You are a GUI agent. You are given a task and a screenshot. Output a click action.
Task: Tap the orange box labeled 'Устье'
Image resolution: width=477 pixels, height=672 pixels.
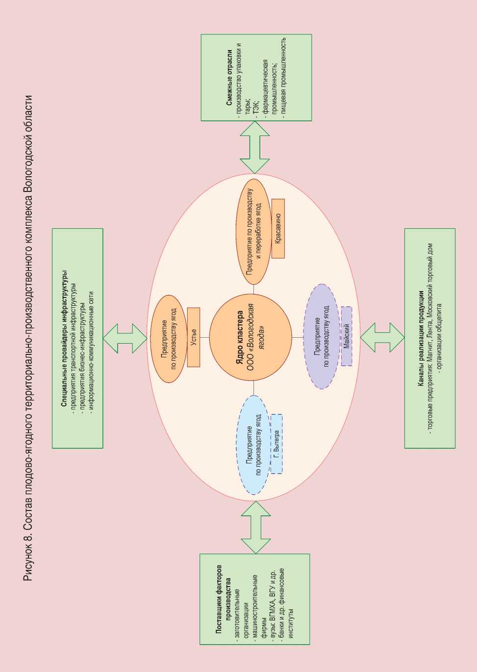[194, 337]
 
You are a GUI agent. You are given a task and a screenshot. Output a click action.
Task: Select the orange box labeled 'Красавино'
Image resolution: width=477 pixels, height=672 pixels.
[278, 228]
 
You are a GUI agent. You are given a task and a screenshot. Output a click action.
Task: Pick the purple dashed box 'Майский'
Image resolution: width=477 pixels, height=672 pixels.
[347, 336]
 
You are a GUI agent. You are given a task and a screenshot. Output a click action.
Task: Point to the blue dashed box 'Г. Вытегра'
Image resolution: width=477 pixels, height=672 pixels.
[276, 444]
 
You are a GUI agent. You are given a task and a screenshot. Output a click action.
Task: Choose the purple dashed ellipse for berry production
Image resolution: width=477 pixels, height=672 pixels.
[321, 336]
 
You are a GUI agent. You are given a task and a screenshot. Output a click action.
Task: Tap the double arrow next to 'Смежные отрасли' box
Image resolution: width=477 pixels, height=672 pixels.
[255, 147]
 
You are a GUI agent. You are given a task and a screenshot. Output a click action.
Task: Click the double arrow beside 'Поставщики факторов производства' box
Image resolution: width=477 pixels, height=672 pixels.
[255, 528]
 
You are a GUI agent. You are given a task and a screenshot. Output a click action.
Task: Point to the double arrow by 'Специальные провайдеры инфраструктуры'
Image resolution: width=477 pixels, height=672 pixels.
[125, 338]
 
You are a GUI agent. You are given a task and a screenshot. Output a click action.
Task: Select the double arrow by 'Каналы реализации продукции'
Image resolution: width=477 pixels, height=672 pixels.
[382, 337]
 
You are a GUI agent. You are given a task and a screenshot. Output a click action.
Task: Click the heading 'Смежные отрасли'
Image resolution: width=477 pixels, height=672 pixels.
[229, 78]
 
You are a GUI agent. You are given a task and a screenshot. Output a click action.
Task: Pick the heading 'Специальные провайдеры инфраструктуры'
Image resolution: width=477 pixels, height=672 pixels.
[64, 338]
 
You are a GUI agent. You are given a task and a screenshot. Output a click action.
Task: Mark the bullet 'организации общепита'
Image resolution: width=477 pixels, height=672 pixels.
[439, 338]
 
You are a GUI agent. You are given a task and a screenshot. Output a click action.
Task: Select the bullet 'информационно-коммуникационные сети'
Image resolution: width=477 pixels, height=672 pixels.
[91, 338]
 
